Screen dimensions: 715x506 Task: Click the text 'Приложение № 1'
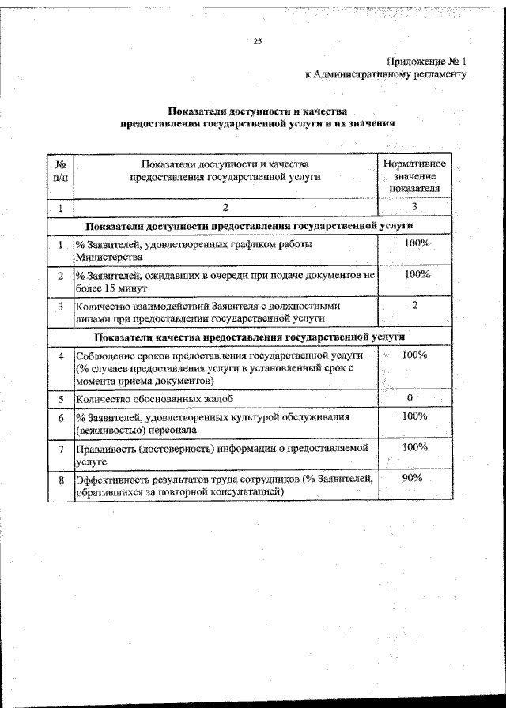[428, 61]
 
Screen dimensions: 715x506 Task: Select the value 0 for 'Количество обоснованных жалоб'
[410, 397]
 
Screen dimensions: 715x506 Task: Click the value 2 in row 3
[415, 305]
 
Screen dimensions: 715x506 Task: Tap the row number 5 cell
[60, 399]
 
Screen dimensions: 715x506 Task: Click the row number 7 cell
[60, 450]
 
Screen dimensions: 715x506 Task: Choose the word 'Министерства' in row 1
[109, 258]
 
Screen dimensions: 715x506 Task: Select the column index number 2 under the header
[225, 208]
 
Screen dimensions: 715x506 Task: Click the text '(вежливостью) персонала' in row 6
[131, 431]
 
